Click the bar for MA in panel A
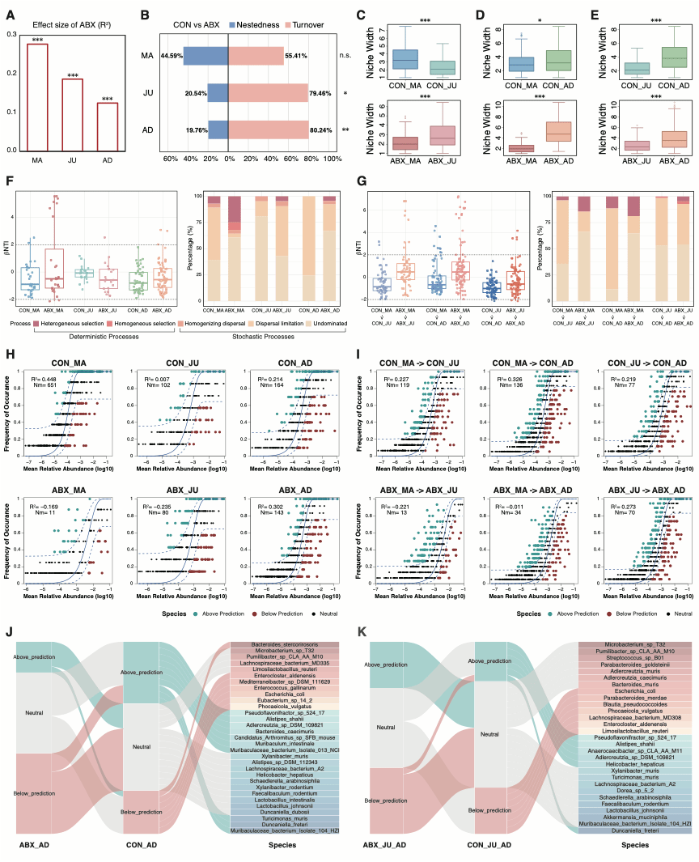coord(37,97)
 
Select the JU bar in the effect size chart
coord(73,114)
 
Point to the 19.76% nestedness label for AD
coord(197,130)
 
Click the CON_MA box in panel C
coord(405,60)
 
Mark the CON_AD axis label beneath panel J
coord(144,845)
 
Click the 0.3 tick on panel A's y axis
coord(13,34)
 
